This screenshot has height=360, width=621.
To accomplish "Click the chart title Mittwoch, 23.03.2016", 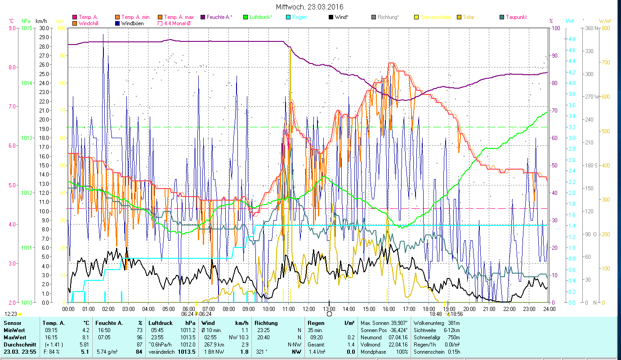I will pos(310,7).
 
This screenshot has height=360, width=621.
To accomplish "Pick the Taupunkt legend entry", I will pos(516,17).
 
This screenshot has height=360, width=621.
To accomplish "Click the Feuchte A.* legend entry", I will pos(219,17).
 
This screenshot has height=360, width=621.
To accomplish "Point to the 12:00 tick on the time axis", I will pos(309,309).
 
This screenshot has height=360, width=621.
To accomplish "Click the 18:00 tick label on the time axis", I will pos(429,309).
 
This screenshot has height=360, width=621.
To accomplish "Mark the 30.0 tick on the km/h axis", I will pos(44,28).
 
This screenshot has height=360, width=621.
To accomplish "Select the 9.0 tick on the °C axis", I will pos(12,28).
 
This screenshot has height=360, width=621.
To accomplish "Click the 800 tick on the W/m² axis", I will pos(605,28).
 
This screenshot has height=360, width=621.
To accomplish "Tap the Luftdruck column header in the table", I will pos(159,323).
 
